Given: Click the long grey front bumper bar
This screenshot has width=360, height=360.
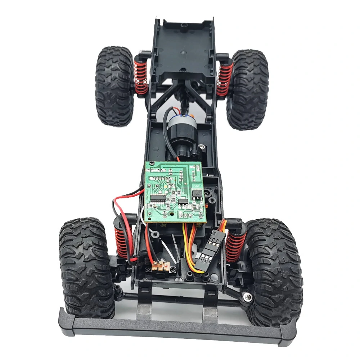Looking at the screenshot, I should click(x=176, y=326).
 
